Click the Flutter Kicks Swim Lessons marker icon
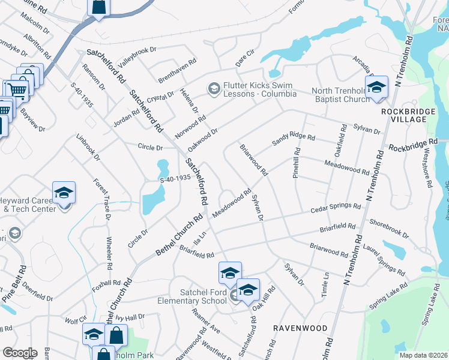tap(213, 89)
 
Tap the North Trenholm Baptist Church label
tap(340, 95)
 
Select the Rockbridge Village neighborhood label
tap(412, 115)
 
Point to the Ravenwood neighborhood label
tap(300, 328)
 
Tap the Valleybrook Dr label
tap(137, 57)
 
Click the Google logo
tap(19, 353)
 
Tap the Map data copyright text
tap(422, 355)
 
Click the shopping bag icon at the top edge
tap(98, 7)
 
